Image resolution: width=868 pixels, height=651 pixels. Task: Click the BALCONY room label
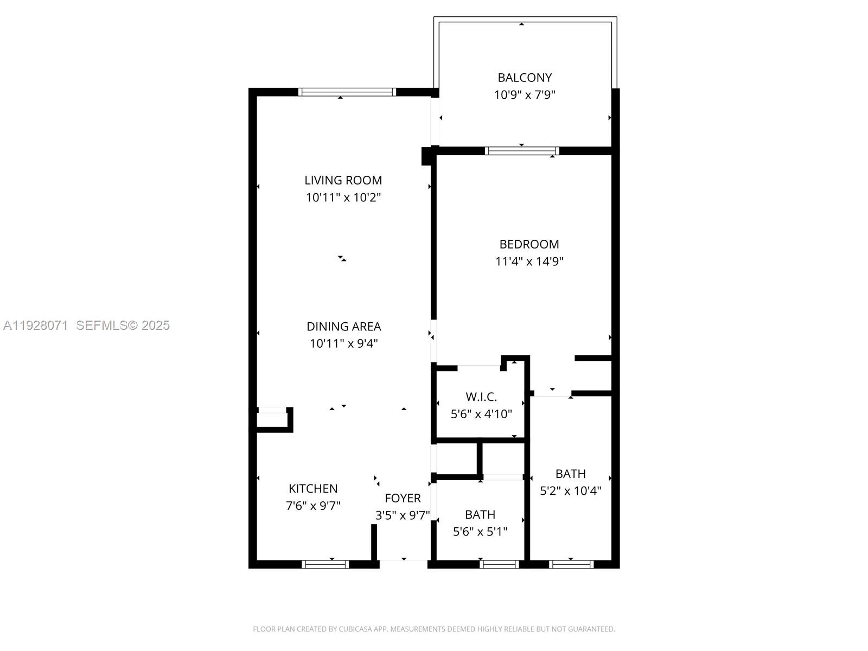[x=525, y=78]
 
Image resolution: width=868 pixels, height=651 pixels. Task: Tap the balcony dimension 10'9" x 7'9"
[x=525, y=95]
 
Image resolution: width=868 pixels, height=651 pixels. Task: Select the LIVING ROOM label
[x=343, y=180]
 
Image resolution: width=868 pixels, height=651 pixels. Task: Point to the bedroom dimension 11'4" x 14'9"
[x=529, y=261]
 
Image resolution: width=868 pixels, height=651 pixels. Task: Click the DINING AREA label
[x=343, y=327]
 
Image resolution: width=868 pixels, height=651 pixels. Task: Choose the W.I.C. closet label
[x=481, y=397]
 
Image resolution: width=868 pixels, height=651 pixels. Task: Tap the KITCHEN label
[x=313, y=488]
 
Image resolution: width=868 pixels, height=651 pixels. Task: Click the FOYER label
[x=403, y=498]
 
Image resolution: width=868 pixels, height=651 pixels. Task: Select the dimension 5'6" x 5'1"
[x=480, y=532]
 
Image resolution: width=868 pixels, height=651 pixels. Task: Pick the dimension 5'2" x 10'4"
[x=570, y=491]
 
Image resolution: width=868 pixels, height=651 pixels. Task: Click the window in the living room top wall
[x=347, y=92]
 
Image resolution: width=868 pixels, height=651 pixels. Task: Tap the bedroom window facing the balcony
[x=522, y=151]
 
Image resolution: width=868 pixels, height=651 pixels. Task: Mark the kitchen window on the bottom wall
[x=325, y=564]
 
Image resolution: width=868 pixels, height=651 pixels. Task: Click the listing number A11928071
[x=36, y=325]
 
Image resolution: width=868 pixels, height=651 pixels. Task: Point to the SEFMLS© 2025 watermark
[x=123, y=325]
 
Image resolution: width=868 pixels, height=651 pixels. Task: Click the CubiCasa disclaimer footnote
[x=434, y=629]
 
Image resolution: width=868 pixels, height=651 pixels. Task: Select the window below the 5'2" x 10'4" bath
[x=571, y=564]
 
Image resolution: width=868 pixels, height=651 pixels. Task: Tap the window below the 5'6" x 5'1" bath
[x=500, y=564]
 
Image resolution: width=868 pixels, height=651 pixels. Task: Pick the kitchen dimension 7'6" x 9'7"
[x=313, y=506]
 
